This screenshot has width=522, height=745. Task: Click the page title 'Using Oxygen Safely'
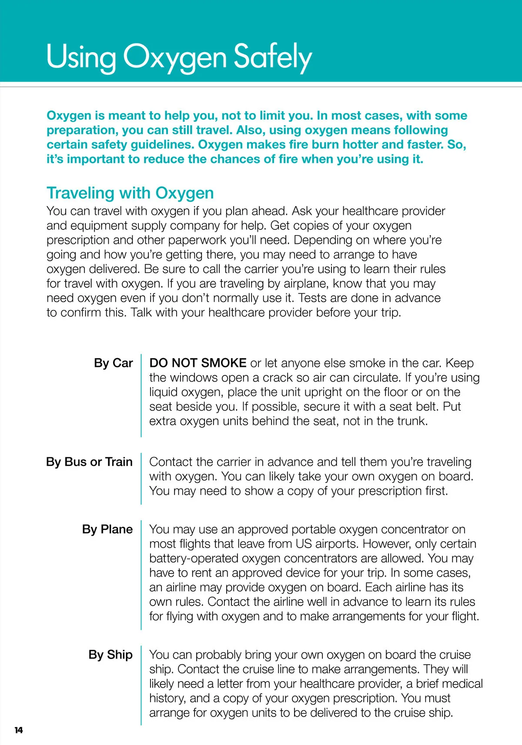click(x=179, y=57)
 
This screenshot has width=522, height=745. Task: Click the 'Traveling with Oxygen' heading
click(x=130, y=193)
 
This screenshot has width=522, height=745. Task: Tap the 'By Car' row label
click(x=113, y=363)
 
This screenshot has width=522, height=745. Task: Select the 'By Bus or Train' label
click(x=89, y=462)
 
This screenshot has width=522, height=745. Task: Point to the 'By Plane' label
click(x=107, y=529)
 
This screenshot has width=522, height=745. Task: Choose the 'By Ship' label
click(x=110, y=655)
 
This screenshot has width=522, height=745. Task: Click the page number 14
click(x=18, y=730)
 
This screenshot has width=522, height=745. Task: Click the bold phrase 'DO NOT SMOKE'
click(x=198, y=363)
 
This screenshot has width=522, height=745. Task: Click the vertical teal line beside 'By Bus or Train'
click(x=141, y=478)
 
